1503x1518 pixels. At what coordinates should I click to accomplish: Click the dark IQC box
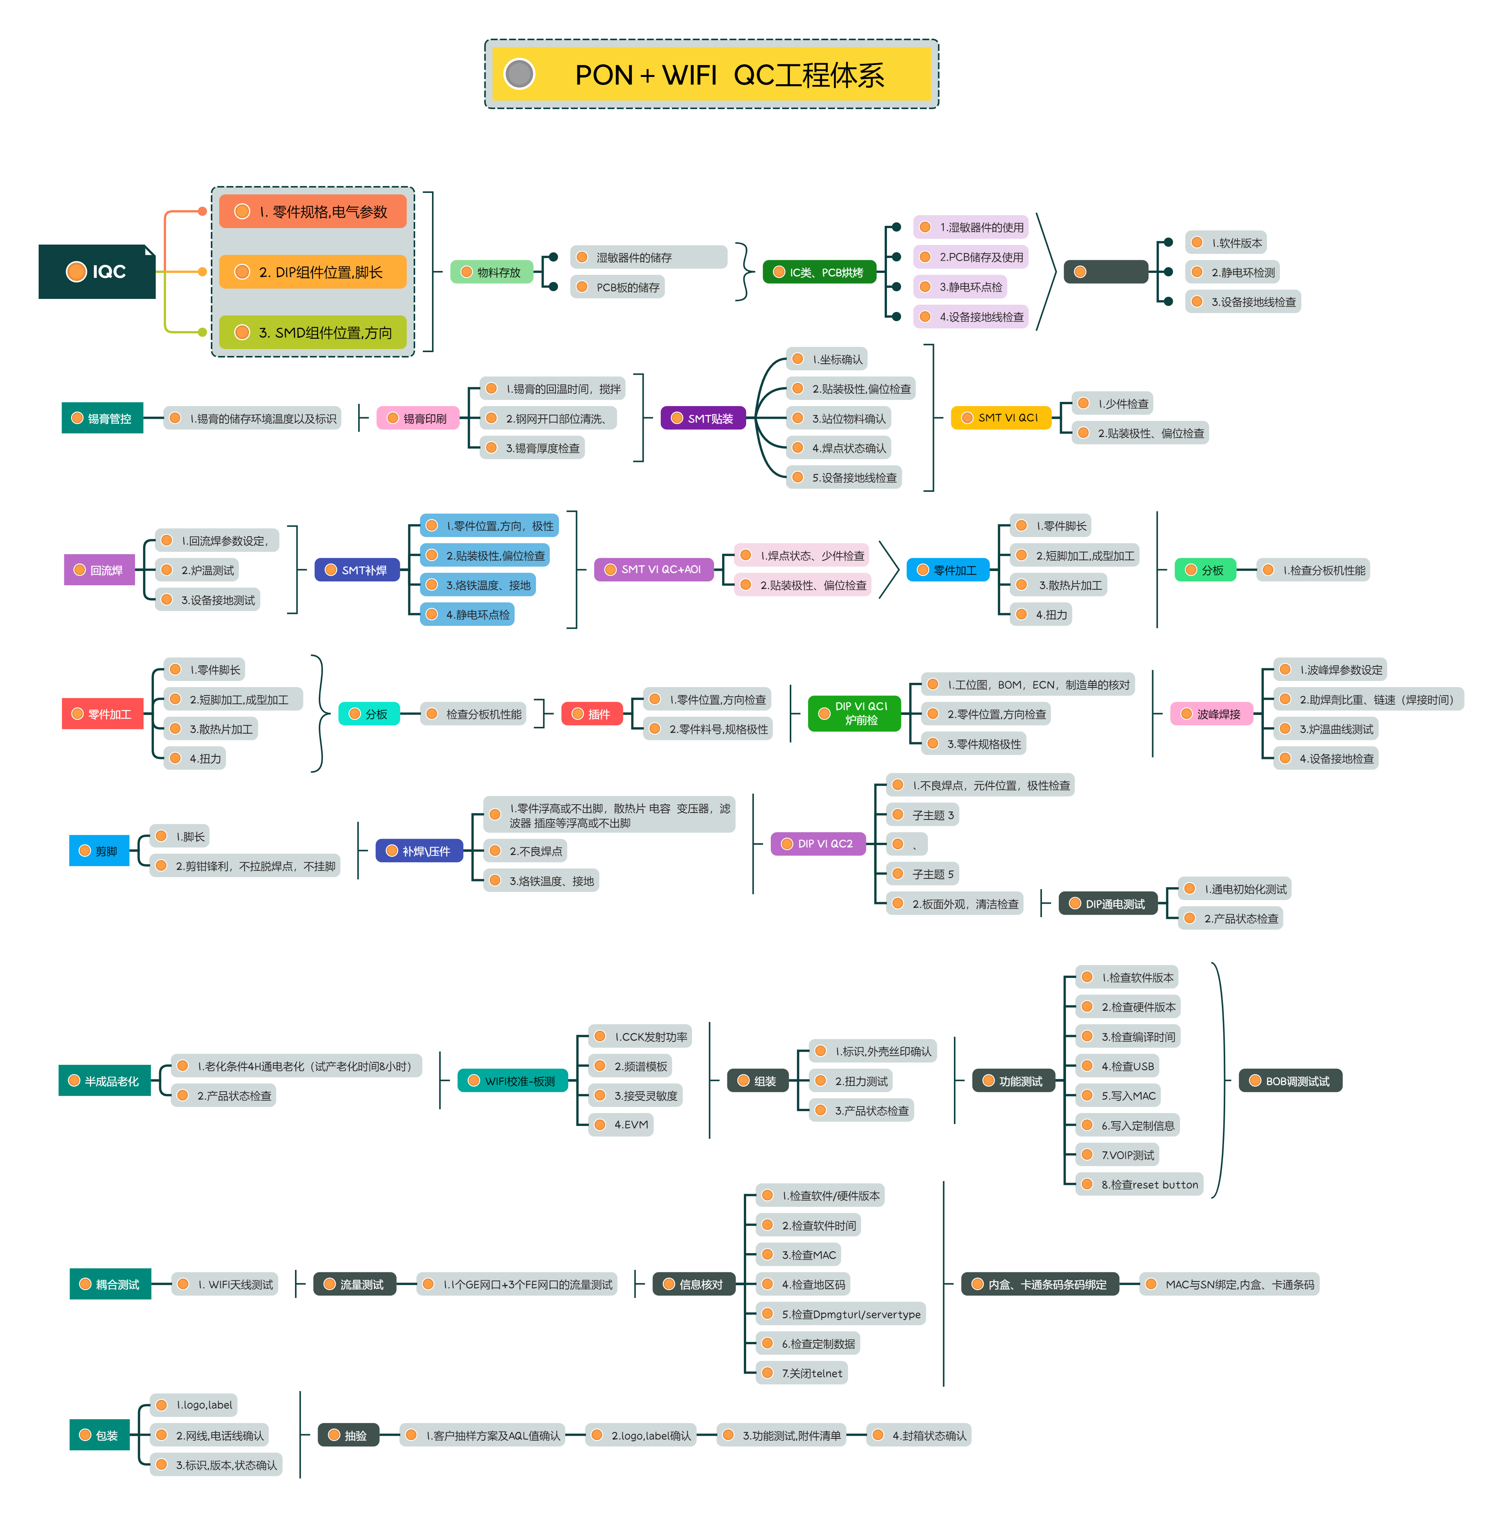97,272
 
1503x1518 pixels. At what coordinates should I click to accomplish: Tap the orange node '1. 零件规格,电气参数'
313,211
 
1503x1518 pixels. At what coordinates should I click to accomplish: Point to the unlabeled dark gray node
1105,272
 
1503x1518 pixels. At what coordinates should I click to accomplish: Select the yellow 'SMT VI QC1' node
1000,418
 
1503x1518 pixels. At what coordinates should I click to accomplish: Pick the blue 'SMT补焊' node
357,570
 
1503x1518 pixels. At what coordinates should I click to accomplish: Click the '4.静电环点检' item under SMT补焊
468,614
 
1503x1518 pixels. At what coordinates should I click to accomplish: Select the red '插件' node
592,713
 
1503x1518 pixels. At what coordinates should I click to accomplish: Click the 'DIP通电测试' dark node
1108,904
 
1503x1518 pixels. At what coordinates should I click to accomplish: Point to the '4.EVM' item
622,1125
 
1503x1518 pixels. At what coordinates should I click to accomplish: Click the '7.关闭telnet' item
803,1373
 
